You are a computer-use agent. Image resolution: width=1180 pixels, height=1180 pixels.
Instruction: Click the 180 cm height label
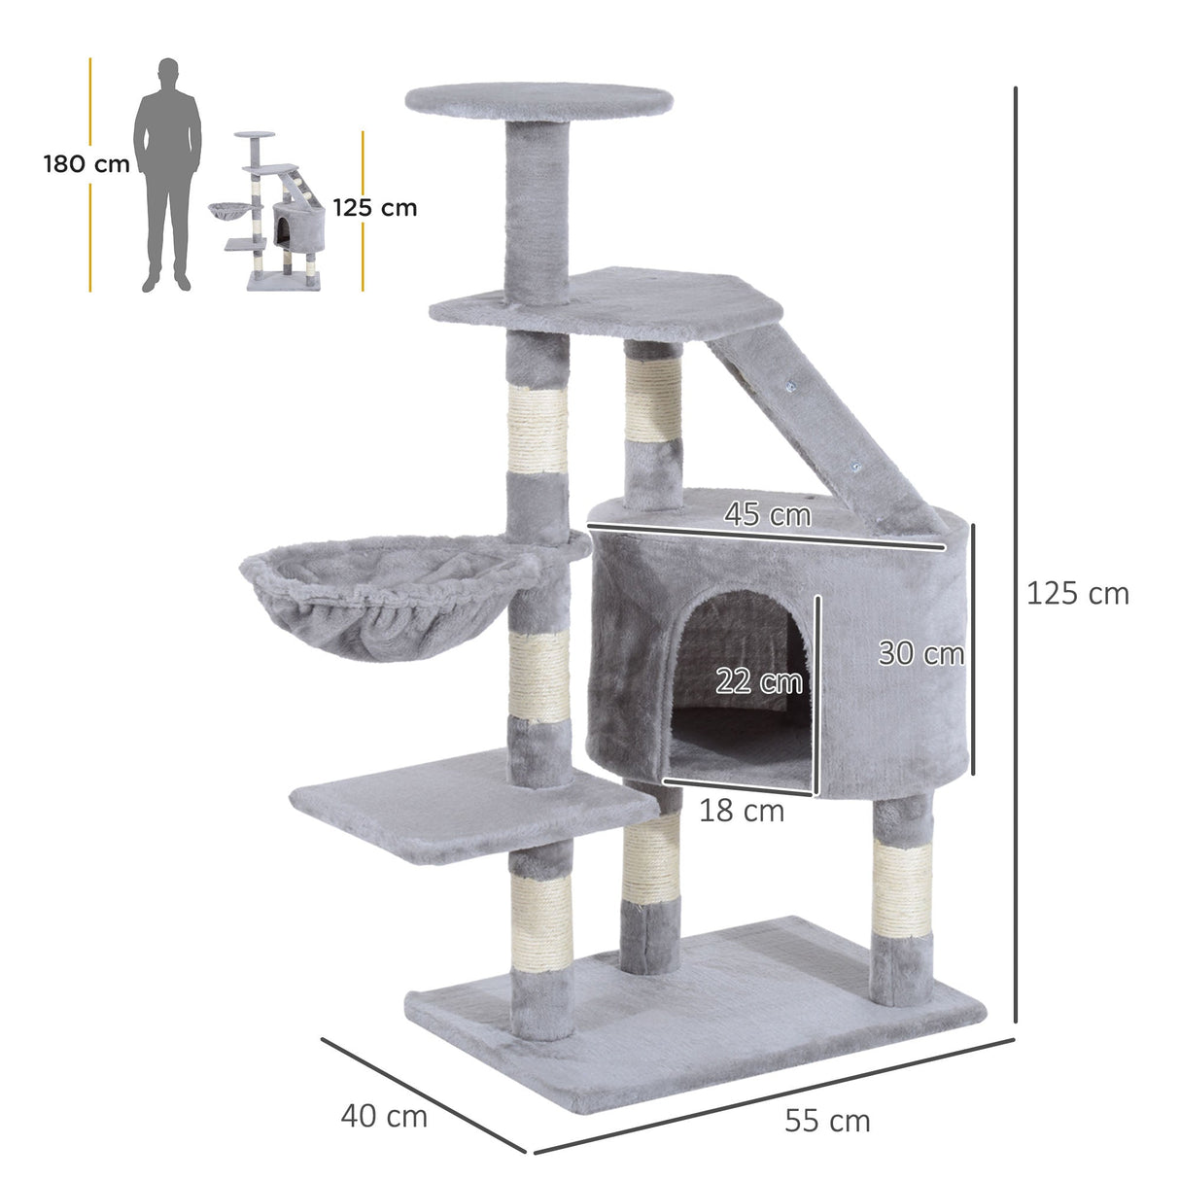pos(87,164)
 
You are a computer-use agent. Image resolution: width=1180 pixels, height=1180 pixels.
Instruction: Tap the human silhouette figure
pos(168,175)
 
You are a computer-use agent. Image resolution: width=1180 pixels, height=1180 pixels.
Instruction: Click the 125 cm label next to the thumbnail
pos(374,207)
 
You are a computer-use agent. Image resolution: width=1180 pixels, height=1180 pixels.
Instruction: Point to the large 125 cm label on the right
pos(1077,593)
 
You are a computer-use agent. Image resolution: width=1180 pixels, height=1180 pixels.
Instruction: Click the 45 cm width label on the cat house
pos(767,514)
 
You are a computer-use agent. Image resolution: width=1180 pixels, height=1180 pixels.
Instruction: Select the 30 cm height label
pos(920,653)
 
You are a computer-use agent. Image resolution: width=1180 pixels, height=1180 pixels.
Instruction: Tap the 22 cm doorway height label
pos(758,681)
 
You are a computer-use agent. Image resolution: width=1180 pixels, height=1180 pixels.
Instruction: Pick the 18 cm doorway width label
pos(741,810)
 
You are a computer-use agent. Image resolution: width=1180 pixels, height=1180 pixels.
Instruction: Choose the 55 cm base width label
pos(827,1121)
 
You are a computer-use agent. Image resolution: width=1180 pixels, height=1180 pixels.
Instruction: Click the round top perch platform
pos(538,98)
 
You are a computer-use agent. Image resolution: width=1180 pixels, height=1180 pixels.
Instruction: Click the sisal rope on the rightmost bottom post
pos(902,889)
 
